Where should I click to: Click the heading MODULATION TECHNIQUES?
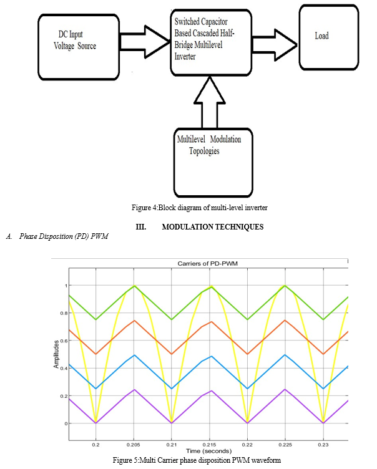coord(212,227)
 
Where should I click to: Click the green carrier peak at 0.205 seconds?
coord(132,286)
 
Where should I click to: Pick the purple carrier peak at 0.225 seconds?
coord(285,390)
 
